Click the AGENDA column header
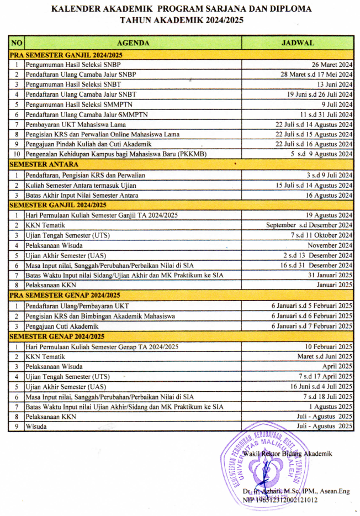tap(133, 43)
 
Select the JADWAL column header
tap(298, 43)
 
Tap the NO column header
tap(17, 43)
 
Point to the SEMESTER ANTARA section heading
tap(44, 165)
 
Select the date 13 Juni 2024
tap(332, 85)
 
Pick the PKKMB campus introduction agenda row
tap(116, 154)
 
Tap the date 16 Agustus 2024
tap(330, 195)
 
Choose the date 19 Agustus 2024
tap(330, 215)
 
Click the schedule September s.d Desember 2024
tap(309, 225)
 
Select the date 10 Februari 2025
tap(329, 346)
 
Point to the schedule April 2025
tap(337, 366)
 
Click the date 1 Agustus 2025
tap(330, 407)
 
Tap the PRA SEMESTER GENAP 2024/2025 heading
tap(65, 296)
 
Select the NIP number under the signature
tap(280, 500)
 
